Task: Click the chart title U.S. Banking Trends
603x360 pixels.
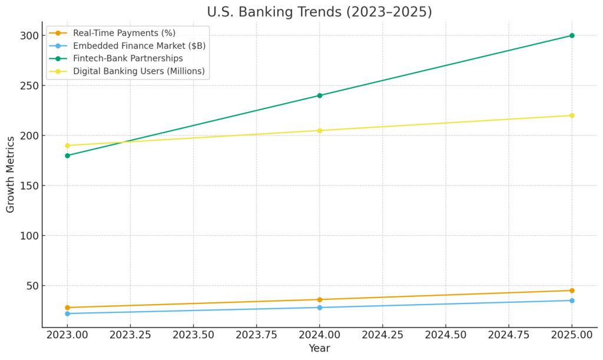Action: click(x=319, y=12)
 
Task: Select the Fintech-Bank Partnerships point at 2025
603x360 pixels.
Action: click(x=571, y=35)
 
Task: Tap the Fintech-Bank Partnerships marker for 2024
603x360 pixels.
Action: click(x=319, y=95)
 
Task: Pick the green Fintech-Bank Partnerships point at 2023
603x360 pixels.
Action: click(x=67, y=156)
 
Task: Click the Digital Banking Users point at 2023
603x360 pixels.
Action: click(x=67, y=146)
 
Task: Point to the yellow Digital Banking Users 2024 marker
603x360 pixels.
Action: click(x=319, y=130)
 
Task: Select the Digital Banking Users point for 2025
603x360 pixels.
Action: click(x=571, y=115)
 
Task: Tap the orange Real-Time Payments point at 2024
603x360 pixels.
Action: click(x=319, y=299)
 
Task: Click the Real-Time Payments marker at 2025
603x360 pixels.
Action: click(x=571, y=290)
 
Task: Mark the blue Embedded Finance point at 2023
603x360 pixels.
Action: click(x=67, y=313)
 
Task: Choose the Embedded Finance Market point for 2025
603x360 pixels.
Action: click(x=571, y=300)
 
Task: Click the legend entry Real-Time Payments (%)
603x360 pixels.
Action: click(x=124, y=33)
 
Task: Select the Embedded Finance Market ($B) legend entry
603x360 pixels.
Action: click(x=139, y=46)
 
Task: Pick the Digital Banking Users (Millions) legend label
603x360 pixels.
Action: click(x=138, y=71)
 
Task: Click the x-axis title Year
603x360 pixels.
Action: click(x=319, y=348)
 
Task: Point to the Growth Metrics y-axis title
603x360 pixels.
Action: click(x=11, y=174)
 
